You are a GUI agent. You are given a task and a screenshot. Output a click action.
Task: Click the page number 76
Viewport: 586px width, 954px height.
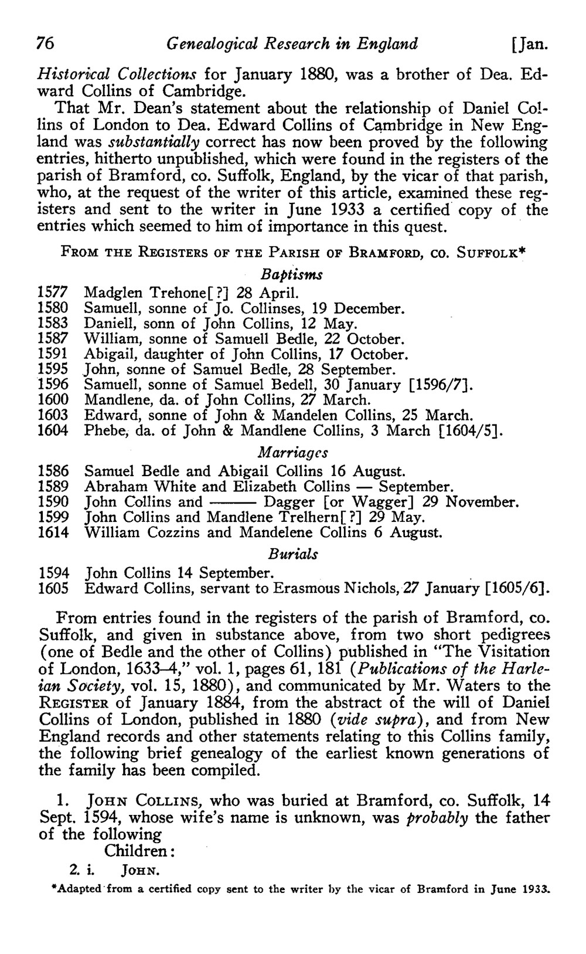coord(46,44)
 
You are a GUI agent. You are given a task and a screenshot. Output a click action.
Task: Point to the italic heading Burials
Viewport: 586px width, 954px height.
coord(293,554)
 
